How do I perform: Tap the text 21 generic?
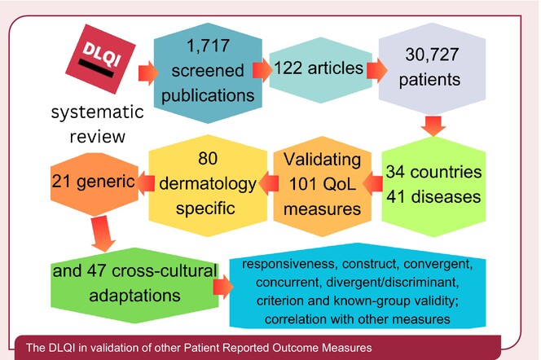tap(88, 180)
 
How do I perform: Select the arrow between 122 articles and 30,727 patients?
tap(376, 69)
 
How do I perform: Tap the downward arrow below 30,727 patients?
tap(433, 126)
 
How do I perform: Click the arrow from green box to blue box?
tap(221, 285)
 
